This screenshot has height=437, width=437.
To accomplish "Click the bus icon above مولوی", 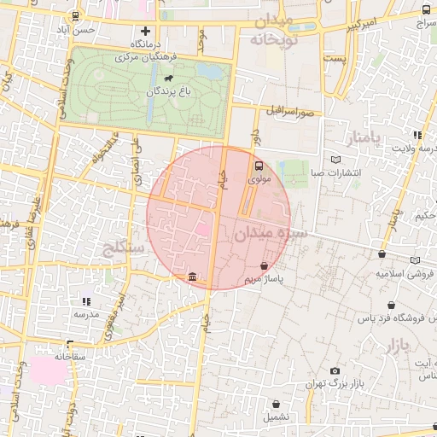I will coord(259,166).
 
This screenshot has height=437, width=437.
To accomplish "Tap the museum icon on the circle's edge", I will coord(192,277).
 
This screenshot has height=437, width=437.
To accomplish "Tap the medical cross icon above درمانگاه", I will coord(146,31).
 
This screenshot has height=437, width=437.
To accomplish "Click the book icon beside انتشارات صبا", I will coord(335,159).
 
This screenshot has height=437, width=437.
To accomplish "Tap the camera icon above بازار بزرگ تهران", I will coord(335,371).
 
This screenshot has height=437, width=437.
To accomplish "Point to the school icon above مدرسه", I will coord(85,301).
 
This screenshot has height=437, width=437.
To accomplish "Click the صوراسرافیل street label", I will coord(290,110).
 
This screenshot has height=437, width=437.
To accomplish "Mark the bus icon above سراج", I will coord(426,10).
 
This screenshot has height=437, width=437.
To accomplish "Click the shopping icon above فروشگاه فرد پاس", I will coord(391,305).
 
